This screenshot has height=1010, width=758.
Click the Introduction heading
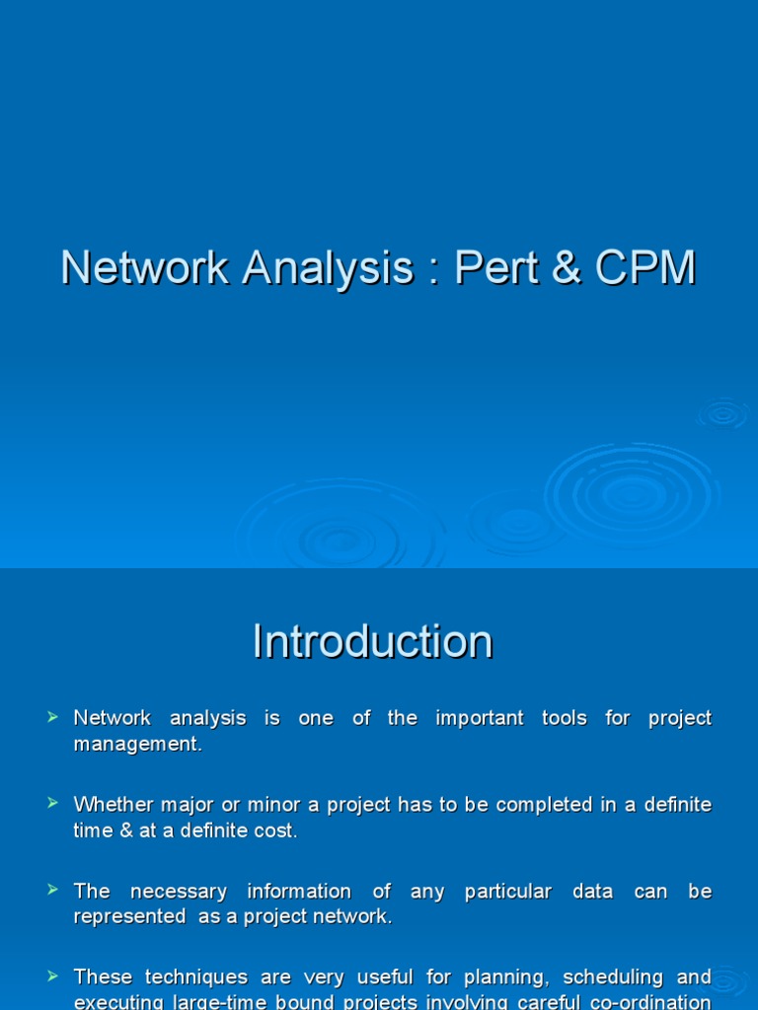(372, 642)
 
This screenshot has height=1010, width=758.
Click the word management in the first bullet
(137, 745)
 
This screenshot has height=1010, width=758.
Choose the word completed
(541, 805)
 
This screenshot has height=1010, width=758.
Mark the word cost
(274, 830)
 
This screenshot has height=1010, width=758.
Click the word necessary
(179, 892)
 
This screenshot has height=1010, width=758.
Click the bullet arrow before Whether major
(53, 804)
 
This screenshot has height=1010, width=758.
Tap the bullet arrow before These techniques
(53, 976)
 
